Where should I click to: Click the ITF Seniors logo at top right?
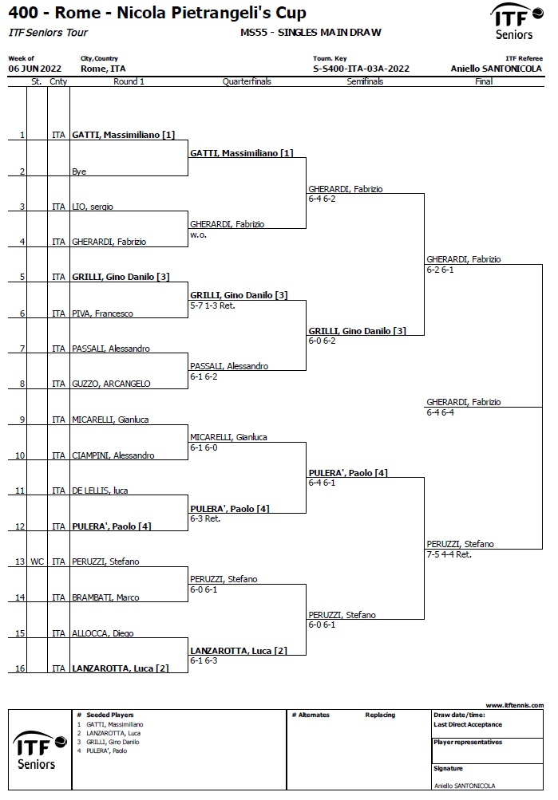(516, 22)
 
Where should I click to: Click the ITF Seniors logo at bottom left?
(39, 750)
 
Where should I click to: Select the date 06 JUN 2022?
(34, 69)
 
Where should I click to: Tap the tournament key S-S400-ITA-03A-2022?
(361, 69)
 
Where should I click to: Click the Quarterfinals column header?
(247, 81)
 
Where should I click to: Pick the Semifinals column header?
(365, 81)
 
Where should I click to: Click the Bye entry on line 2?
(79, 171)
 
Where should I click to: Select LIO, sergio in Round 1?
(93, 207)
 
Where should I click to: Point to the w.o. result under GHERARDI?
(199, 234)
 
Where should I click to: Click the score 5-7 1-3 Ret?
(212, 305)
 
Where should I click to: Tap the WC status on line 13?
(38, 562)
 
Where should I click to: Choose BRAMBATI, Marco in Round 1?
(105, 597)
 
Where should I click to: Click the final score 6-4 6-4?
(440, 412)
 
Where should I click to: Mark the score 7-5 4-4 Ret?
(449, 554)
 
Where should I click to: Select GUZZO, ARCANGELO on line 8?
(111, 384)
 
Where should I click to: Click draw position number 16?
(20, 668)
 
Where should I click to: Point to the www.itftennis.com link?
(515, 705)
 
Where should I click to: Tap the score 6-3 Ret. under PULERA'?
(205, 519)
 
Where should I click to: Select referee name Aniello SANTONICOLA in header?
(497, 69)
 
